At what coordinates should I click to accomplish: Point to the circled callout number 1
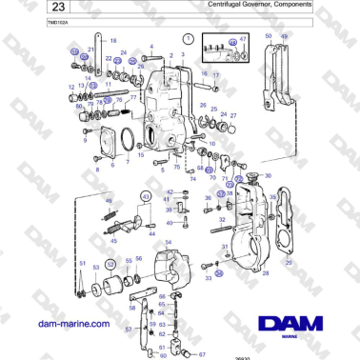tap(189, 39)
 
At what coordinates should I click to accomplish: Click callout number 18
tap(113, 42)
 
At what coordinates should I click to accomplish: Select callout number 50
tap(269, 35)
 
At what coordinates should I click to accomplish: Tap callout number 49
tap(282, 35)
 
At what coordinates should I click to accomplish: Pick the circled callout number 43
tap(146, 196)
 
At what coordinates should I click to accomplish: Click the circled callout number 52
tap(110, 263)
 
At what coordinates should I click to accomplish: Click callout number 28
tap(265, 274)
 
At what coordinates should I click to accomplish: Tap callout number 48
tap(109, 200)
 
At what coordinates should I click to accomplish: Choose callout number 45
tap(114, 242)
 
